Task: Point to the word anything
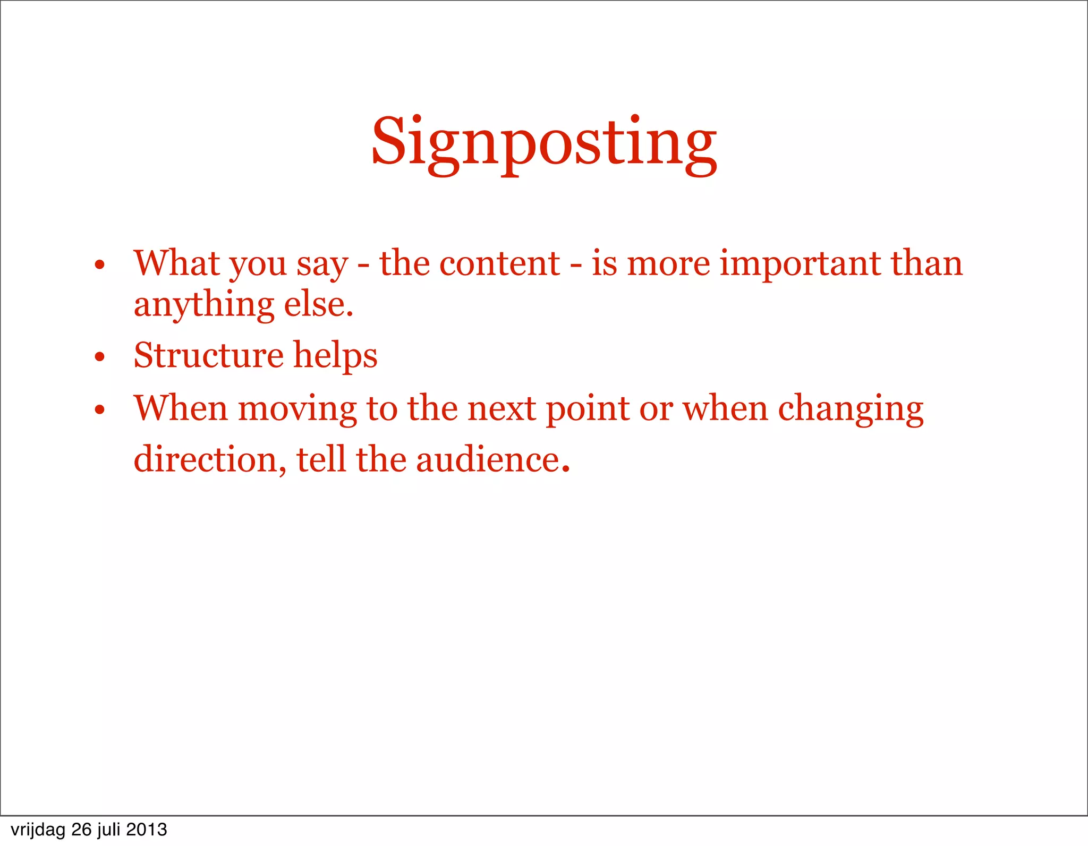(203, 306)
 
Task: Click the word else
(318, 305)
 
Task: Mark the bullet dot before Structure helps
(99, 357)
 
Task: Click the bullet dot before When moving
(99, 410)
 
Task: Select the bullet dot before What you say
(99, 265)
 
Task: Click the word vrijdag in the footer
(37, 830)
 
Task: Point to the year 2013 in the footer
(147, 829)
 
